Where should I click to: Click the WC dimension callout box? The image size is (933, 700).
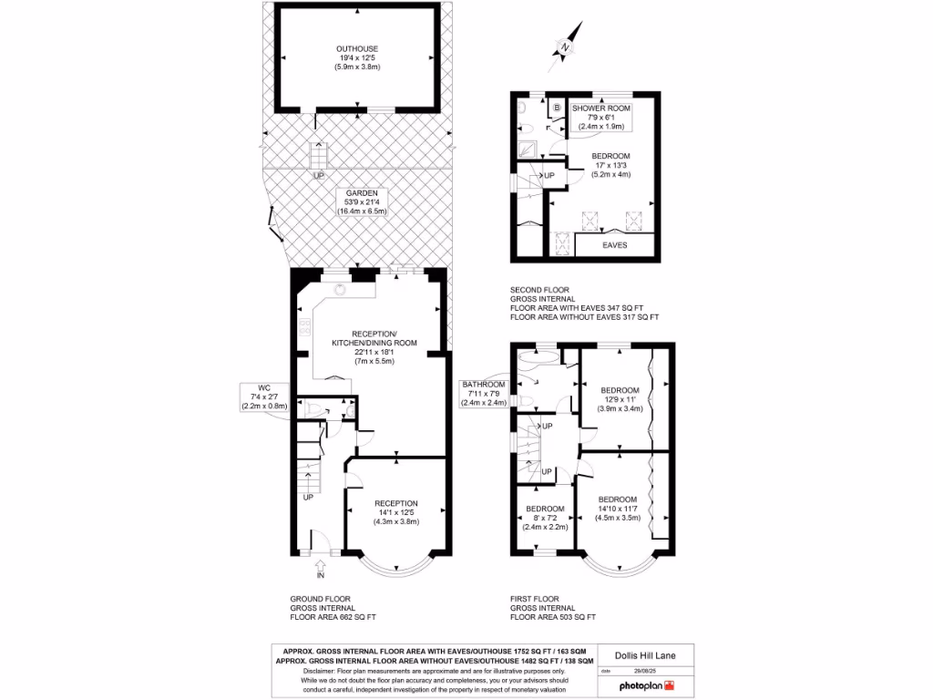[263, 397]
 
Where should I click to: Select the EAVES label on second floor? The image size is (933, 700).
[615, 244]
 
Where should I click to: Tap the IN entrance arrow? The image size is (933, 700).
[320, 571]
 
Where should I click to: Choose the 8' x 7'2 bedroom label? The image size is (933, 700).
[545, 518]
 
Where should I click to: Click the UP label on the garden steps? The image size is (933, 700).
[318, 176]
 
